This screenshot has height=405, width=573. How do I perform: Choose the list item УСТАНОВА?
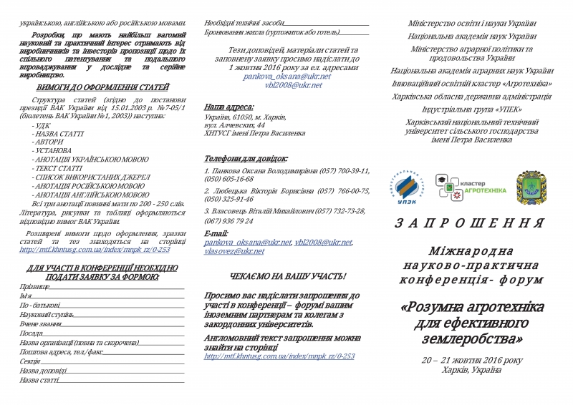(x=52, y=151)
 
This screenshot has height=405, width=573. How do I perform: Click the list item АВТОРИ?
(x=49, y=142)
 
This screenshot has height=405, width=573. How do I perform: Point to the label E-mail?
(x=216, y=233)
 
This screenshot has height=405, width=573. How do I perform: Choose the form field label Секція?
(x=30, y=361)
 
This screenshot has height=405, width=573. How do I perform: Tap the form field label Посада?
(x=32, y=333)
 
